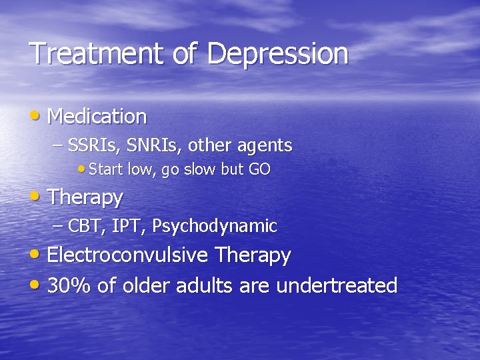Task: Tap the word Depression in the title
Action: point(277,54)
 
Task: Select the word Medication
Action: point(97,117)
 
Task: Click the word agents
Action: point(263,145)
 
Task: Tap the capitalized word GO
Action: point(259,169)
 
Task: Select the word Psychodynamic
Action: point(214,227)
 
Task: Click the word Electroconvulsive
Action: point(128,255)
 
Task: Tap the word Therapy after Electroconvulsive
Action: point(252,255)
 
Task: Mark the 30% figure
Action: point(69,286)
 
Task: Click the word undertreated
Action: point(337,286)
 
